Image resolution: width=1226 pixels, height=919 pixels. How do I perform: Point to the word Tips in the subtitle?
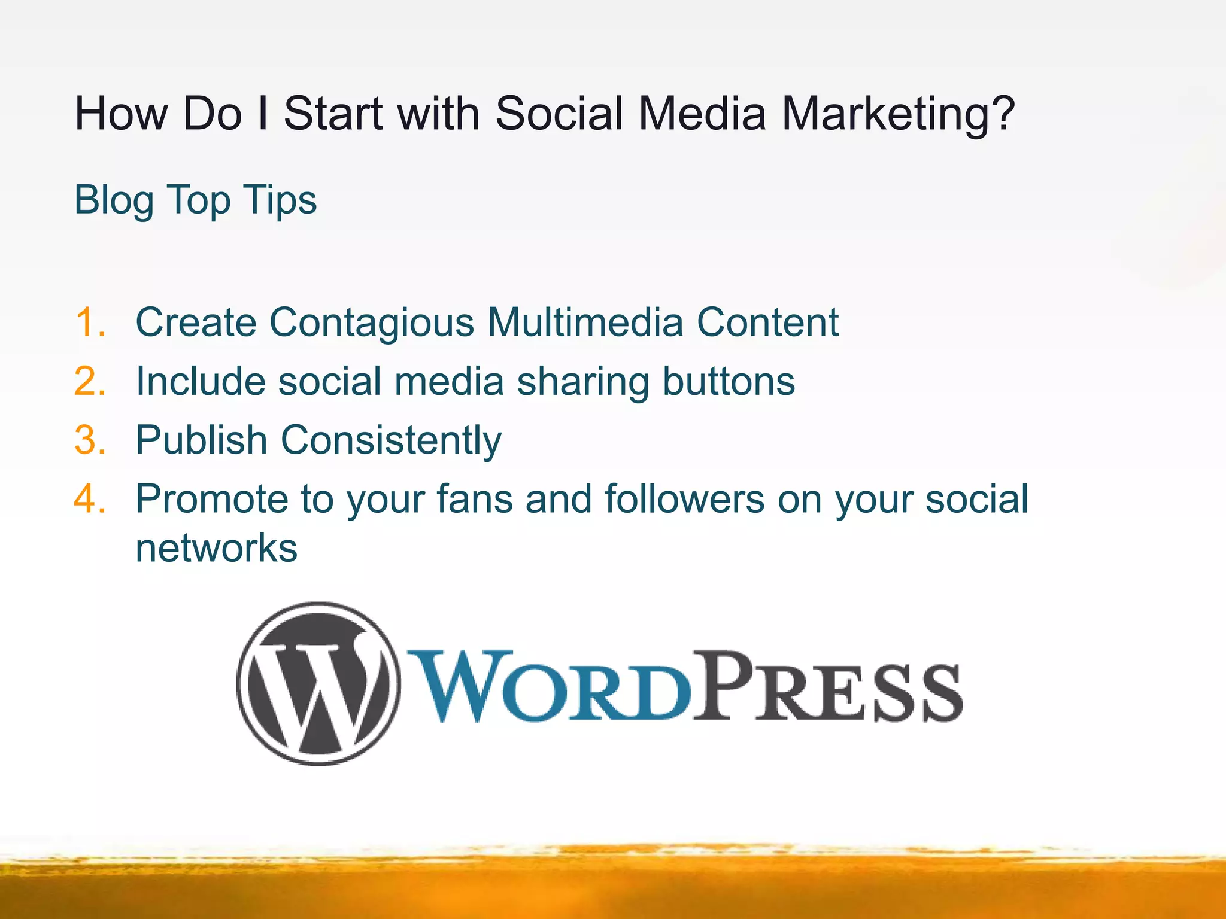280,200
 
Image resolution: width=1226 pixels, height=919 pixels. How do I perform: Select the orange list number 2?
90,381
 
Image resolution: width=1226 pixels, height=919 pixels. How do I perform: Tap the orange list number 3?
90,440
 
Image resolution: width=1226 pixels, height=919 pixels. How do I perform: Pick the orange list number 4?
90,498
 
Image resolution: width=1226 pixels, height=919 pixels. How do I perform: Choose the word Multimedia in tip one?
585,322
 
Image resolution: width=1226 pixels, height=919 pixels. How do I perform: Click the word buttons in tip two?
729,381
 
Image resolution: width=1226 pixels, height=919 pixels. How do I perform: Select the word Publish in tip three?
201,440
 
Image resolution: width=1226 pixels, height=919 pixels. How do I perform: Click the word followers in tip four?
684,498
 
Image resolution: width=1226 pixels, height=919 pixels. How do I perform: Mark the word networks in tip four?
216,548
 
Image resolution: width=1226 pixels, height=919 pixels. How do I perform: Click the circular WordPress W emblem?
318,683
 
